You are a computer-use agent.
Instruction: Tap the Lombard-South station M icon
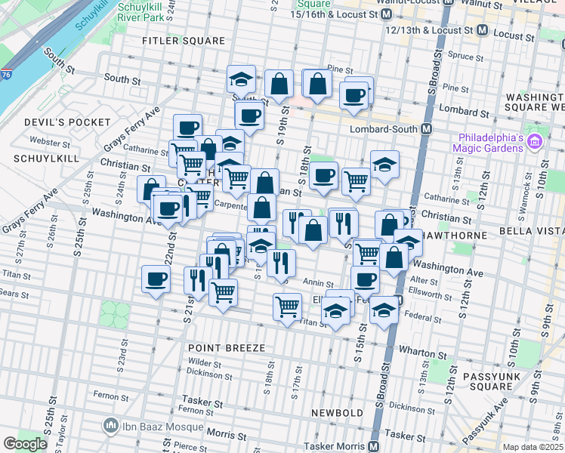(x=427, y=129)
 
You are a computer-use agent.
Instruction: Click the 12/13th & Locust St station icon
(x=482, y=32)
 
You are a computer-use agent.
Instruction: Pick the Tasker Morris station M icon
(x=372, y=445)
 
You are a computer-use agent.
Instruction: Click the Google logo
(x=25, y=444)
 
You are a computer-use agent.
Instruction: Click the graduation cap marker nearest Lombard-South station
(x=384, y=166)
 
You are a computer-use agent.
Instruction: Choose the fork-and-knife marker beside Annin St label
(x=280, y=264)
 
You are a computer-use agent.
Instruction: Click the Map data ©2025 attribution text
(x=532, y=447)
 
